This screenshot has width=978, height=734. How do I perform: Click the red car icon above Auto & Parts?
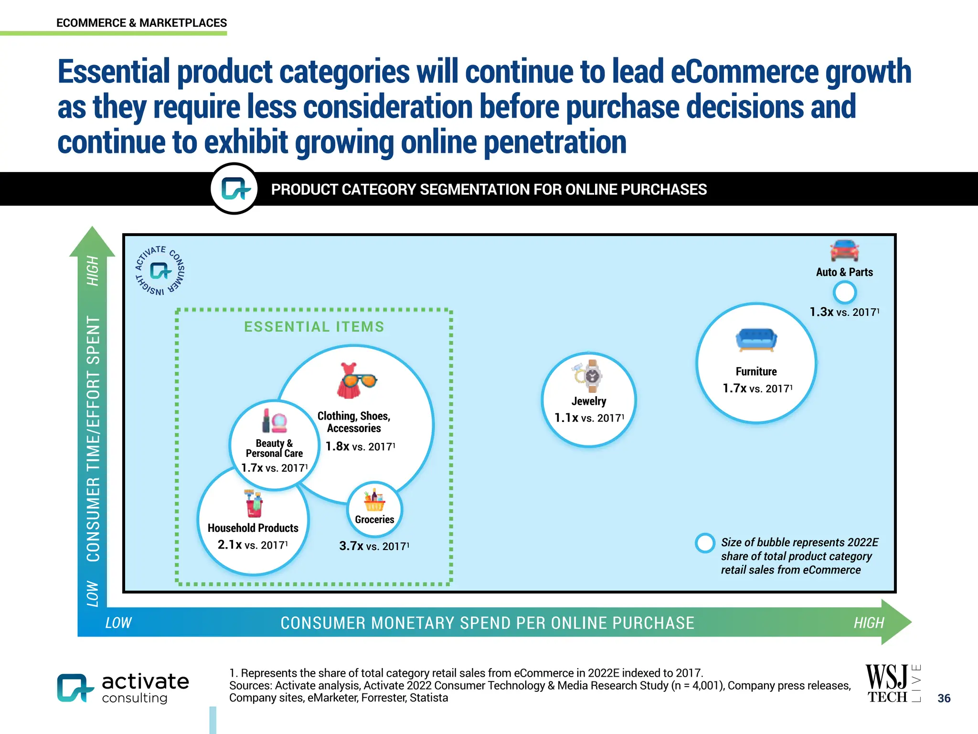[x=844, y=250]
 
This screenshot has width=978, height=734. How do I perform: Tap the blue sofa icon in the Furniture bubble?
[x=756, y=340]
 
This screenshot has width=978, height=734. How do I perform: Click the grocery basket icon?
[x=374, y=500]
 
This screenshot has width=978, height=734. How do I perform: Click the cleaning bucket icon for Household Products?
[x=253, y=503]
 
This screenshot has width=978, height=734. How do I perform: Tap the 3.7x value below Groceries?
[x=351, y=546]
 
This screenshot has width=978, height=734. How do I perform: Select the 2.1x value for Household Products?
[x=230, y=545]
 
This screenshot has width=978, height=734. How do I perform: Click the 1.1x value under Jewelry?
[x=566, y=418]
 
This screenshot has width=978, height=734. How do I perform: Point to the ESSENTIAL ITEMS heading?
[x=314, y=327]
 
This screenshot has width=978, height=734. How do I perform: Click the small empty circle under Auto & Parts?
[x=844, y=292]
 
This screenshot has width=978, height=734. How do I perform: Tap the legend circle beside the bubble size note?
[x=705, y=543]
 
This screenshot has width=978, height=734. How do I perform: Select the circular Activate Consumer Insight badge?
[x=160, y=270]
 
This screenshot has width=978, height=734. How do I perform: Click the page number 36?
[x=944, y=698]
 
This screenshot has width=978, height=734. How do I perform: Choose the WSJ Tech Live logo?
[x=892, y=684]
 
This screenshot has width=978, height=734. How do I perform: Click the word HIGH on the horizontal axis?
[x=869, y=623]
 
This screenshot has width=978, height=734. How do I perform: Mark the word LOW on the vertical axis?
[x=93, y=594]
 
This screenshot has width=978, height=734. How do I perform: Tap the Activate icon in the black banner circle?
[x=234, y=189]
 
